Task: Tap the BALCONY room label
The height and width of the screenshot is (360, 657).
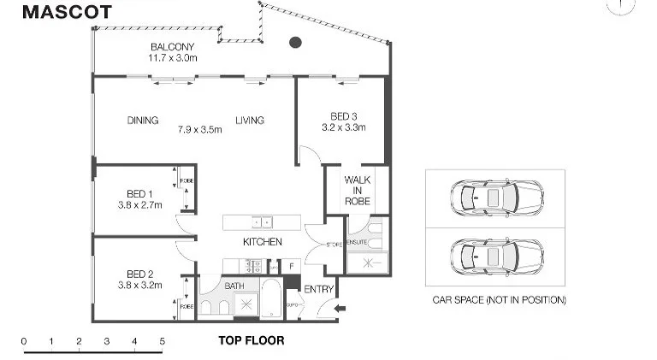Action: click(x=173, y=47)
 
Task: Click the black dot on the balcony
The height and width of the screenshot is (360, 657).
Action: click(x=295, y=42)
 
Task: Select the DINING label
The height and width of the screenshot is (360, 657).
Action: click(x=143, y=121)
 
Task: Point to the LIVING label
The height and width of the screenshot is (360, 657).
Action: click(x=250, y=121)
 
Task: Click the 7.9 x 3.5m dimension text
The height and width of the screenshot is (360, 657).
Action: click(x=199, y=130)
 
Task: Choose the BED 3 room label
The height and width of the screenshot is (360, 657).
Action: click(x=343, y=117)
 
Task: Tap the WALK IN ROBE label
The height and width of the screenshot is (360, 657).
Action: click(x=357, y=190)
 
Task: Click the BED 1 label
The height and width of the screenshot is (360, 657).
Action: click(x=135, y=194)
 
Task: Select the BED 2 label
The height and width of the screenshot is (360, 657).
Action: click(x=135, y=274)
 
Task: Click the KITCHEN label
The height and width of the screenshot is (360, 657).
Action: click(x=262, y=242)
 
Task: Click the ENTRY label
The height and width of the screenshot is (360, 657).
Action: click(x=319, y=289)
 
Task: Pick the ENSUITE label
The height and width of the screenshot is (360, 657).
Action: click(x=357, y=244)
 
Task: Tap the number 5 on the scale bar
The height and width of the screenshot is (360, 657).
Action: click(x=162, y=342)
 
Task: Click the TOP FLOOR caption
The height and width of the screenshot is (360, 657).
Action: click(x=251, y=340)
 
